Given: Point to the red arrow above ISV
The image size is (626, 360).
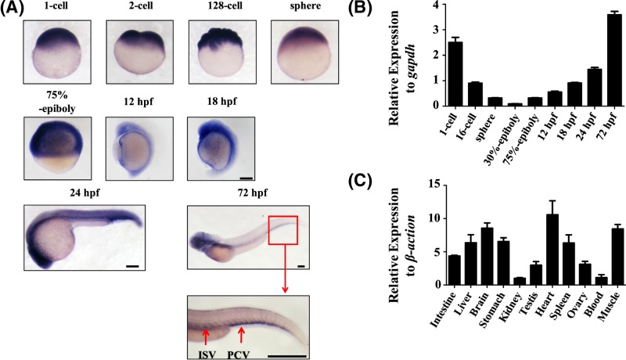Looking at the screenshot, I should pyautogui.click(x=205, y=335).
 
